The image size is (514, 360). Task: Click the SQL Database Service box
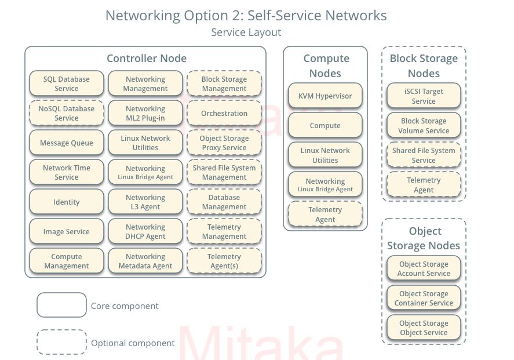(x=67, y=83)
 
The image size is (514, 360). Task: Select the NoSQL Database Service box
(x=67, y=113)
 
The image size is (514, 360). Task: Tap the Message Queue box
(x=67, y=143)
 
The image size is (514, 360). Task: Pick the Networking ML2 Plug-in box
(x=145, y=113)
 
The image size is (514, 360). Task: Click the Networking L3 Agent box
(x=145, y=202)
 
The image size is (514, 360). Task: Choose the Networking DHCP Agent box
(x=145, y=231)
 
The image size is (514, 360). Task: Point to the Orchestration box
(x=224, y=113)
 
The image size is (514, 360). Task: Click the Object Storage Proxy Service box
(x=224, y=143)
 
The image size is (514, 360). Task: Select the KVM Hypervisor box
(x=325, y=96)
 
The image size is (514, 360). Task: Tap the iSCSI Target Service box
(x=424, y=96)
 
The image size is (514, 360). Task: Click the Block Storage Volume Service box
(x=424, y=125)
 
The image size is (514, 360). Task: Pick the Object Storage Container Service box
(x=424, y=298)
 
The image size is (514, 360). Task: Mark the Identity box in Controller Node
(x=67, y=202)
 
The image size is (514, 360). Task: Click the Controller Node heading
(x=147, y=58)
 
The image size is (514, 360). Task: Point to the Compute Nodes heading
(x=326, y=66)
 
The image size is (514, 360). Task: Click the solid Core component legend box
(x=61, y=305)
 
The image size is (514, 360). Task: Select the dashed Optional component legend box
(x=61, y=342)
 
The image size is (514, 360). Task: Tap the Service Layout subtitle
(x=246, y=32)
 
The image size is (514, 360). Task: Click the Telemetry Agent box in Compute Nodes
(x=325, y=214)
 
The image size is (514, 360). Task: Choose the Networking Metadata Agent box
(x=145, y=261)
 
